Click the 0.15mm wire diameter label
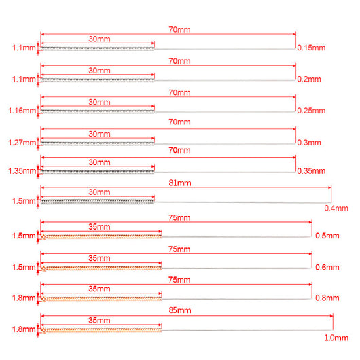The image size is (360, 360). (311, 48)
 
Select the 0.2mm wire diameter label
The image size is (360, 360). (309, 79)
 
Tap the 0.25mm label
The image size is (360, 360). (311, 111)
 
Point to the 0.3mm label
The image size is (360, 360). (309, 143)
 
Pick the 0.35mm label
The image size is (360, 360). (311, 171)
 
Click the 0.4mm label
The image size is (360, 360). (336, 209)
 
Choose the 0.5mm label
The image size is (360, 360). (327, 236)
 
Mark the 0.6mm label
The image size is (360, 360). (327, 267)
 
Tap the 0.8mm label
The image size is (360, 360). (327, 298)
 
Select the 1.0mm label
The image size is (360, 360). (336, 338)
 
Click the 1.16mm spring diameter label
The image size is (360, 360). (22, 111)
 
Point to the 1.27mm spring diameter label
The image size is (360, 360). (22, 143)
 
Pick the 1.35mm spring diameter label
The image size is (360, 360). (22, 171)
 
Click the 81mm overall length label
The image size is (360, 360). (180, 183)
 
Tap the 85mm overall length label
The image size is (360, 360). (180, 310)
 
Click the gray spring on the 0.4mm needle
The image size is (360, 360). (98, 202)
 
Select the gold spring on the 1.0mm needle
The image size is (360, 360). (101, 330)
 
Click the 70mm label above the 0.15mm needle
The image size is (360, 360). (179, 30)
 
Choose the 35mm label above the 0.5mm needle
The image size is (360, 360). (99, 227)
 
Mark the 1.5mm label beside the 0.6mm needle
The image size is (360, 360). (24, 267)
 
